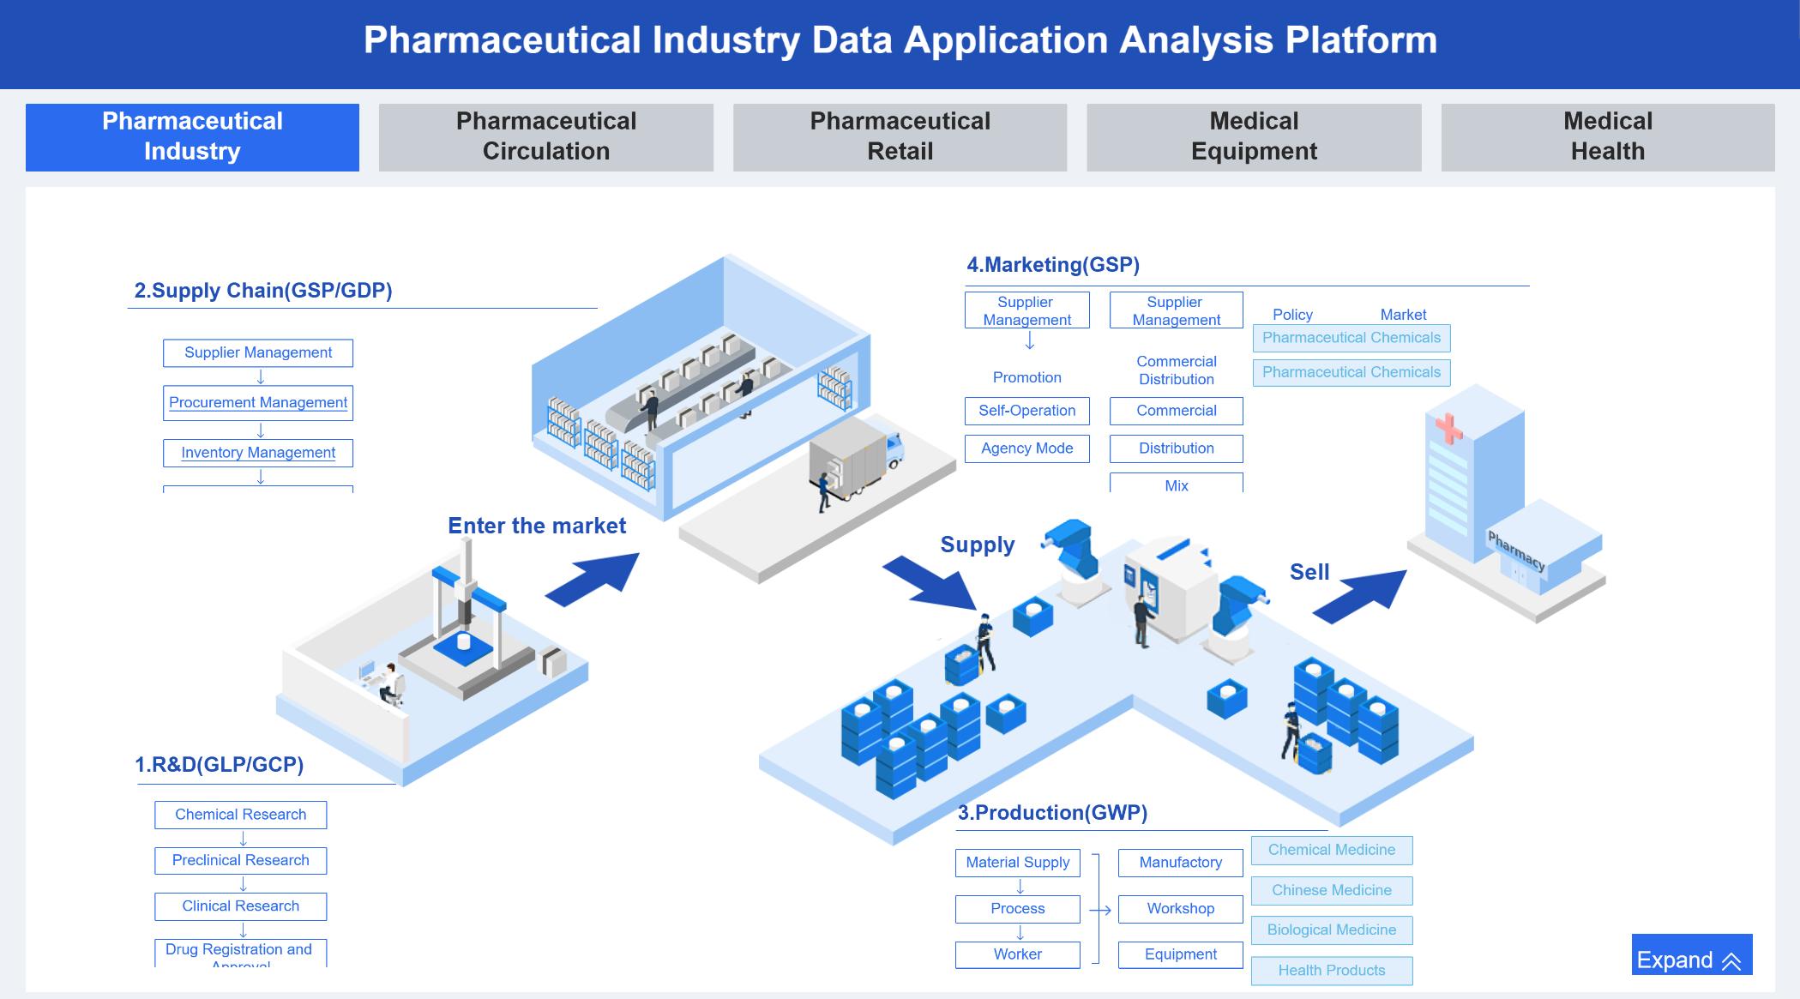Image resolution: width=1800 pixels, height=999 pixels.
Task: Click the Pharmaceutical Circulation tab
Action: point(545,137)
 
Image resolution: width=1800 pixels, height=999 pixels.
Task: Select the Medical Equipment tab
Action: point(1253,137)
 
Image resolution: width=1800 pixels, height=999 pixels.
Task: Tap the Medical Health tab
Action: point(1607,137)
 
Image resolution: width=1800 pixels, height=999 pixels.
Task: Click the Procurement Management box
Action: point(258,403)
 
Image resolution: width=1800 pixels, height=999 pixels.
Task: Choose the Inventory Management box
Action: point(258,453)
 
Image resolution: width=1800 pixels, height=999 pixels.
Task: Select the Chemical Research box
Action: point(240,815)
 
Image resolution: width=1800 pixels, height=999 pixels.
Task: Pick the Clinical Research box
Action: point(240,906)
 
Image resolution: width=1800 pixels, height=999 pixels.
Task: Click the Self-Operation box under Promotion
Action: point(1026,411)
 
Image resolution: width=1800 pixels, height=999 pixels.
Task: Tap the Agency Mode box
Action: point(1026,448)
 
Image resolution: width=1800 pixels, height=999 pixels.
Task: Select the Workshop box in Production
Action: point(1180,909)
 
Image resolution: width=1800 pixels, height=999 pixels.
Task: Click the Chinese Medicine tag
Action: point(1331,890)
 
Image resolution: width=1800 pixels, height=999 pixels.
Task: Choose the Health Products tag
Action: point(1331,971)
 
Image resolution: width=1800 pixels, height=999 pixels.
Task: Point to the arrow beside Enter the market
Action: point(593,579)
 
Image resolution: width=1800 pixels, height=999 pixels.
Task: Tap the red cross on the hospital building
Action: point(1448,429)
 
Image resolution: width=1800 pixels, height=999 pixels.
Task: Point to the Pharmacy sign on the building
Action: point(1515,551)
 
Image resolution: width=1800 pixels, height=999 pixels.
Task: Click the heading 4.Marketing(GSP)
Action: point(1053,265)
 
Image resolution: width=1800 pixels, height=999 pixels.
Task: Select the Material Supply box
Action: point(1017,863)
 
